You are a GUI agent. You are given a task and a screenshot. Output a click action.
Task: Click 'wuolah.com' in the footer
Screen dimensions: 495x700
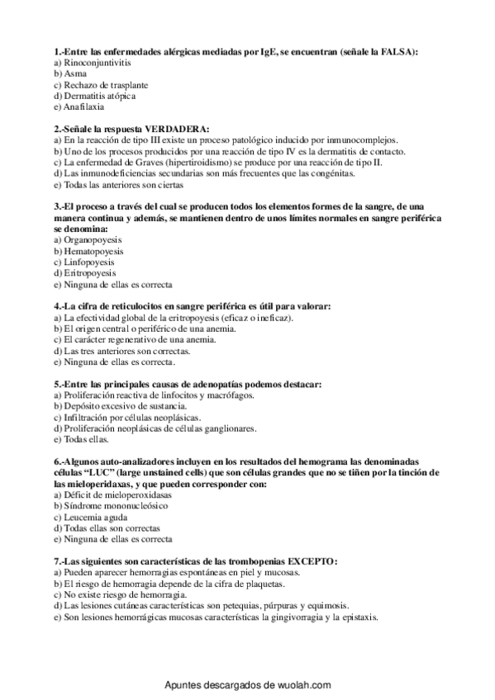[x=301, y=685]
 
